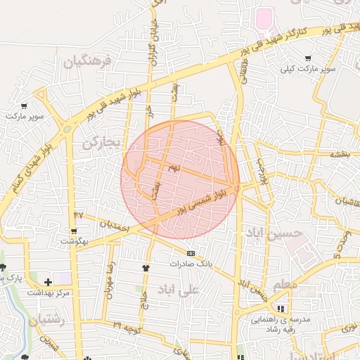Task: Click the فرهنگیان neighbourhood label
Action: coord(89,61)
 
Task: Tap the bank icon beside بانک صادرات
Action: coord(191,253)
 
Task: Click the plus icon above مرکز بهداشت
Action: coord(48,282)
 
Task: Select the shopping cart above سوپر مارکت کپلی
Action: coord(307,58)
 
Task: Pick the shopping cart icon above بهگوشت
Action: coord(74,231)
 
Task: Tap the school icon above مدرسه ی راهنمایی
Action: coord(281,308)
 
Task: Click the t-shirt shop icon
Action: coord(146,267)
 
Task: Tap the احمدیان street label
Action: coord(114,226)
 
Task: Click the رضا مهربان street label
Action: coord(110,279)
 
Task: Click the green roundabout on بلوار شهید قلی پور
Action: coord(67,129)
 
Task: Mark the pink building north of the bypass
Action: coord(264,18)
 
